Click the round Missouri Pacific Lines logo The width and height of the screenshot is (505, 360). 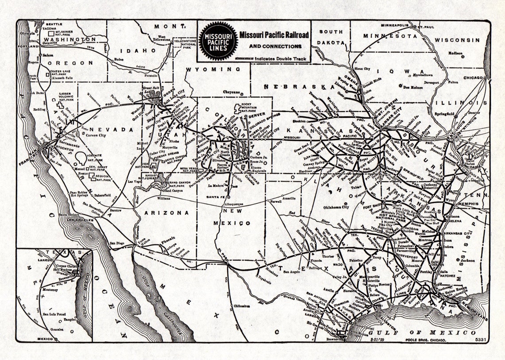218,41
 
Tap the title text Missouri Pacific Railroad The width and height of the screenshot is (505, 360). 274,35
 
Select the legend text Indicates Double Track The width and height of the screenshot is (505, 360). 278,58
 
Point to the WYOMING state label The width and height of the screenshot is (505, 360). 213,70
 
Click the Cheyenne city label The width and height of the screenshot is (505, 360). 231,92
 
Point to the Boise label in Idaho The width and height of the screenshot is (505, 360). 119,59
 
